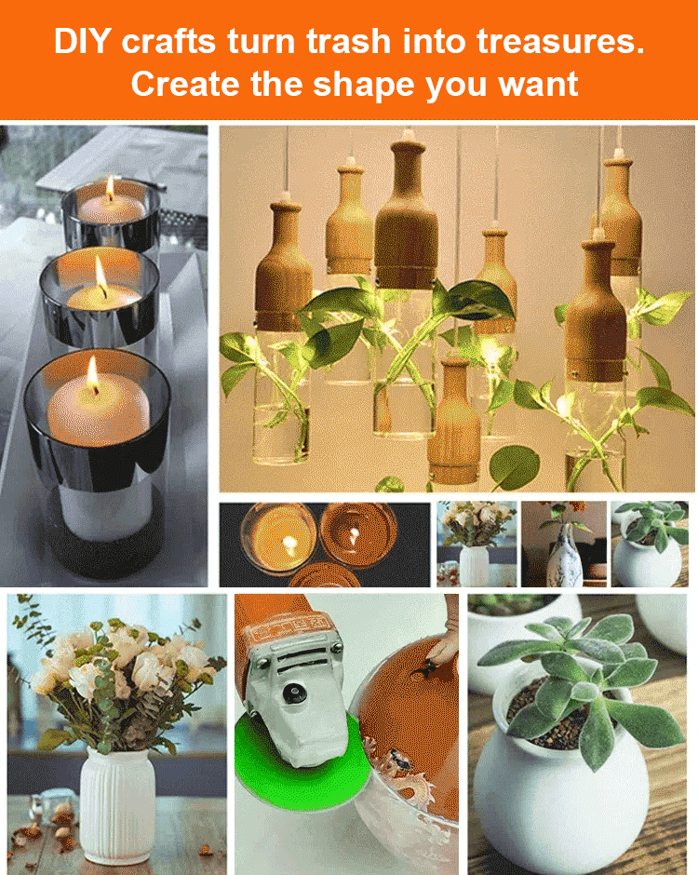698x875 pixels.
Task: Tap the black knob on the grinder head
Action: tap(293, 693)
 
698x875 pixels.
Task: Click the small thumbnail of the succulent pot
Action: tap(650, 545)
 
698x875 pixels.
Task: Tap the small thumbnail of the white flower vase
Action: tap(477, 545)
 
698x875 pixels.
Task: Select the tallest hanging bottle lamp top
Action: tap(406, 213)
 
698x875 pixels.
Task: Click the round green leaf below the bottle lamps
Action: tap(514, 467)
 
